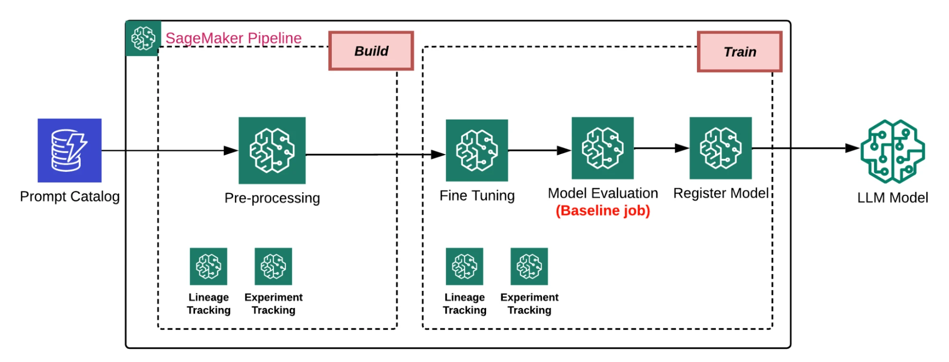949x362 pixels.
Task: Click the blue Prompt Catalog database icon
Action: coord(69,150)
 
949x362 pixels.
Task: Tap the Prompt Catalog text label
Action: coord(70,196)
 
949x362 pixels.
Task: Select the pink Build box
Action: coord(371,51)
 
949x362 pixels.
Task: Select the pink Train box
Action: coord(740,52)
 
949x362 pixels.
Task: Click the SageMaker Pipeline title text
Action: coord(233,38)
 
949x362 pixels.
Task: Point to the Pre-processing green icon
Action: coord(272,150)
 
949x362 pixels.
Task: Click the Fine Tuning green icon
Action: coord(477,150)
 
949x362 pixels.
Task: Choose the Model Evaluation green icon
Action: coord(602,148)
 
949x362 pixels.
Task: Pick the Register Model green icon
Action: coord(720,148)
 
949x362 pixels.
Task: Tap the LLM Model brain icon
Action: coord(893,151)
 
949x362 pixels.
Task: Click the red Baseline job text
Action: coord(602,211)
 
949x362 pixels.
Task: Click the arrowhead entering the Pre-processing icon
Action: coord(231,151)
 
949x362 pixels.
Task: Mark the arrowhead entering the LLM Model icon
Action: coord(853,148)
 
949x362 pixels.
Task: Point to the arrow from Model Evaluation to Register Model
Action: coord(661,148)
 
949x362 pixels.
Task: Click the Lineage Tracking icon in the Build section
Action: coord(208,266)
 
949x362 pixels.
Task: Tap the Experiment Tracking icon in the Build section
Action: coord(273,266)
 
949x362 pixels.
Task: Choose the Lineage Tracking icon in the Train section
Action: coord(464,266)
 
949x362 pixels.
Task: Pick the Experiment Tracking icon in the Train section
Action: coord(529,266)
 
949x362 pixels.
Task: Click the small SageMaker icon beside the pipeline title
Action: coord(143,38)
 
